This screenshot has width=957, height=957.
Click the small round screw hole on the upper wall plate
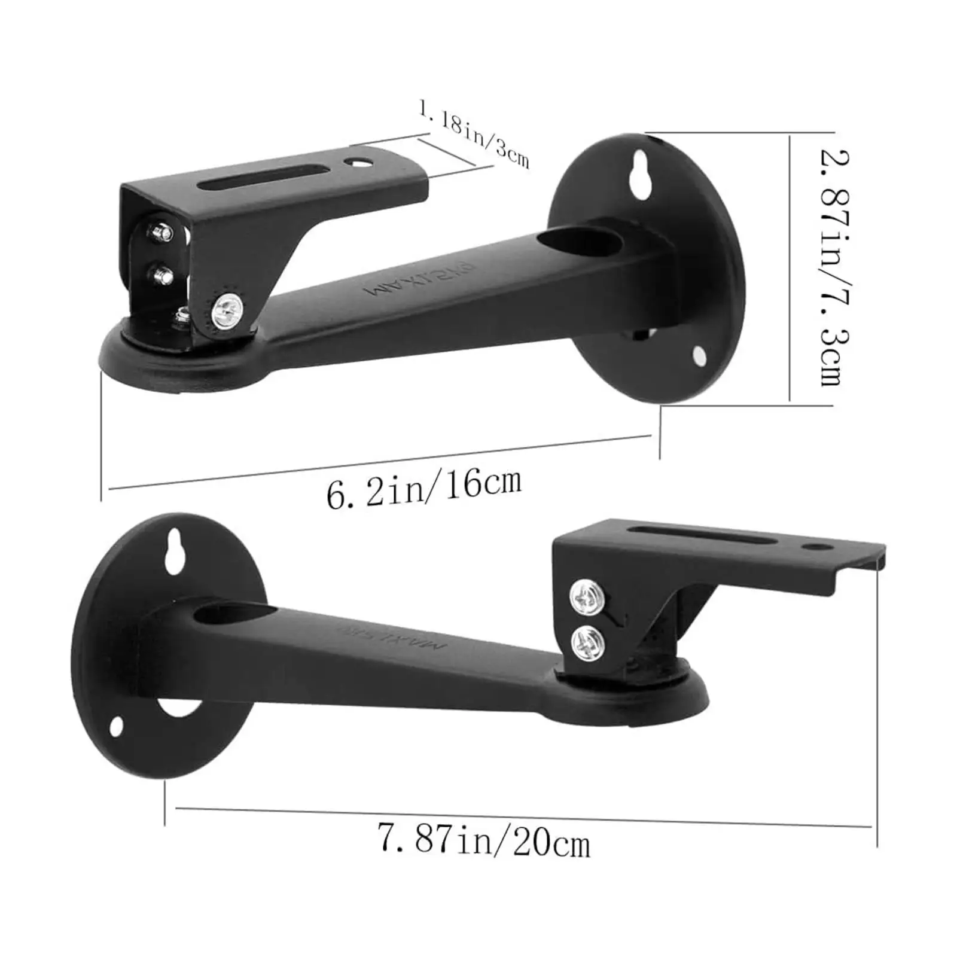[699, 356]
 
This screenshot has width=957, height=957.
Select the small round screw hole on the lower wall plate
[116, 726]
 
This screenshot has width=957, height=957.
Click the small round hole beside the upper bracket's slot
[359, 162]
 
